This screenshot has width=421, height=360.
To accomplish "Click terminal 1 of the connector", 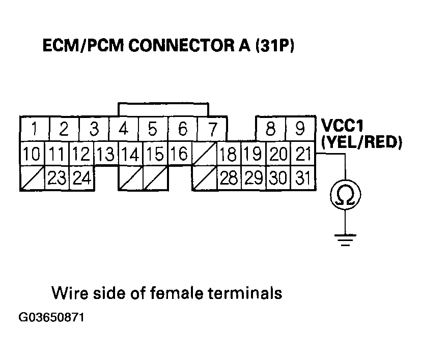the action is [35, 129].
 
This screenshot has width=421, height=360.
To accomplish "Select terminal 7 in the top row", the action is [212, 129].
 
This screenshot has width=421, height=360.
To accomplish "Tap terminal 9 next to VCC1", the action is [300, 129].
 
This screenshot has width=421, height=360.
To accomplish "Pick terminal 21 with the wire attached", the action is [303, 154].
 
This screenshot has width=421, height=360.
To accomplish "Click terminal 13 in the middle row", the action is [106, 154].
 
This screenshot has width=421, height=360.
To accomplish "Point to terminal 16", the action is [180, 154].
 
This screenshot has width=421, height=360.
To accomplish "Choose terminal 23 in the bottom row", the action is [57, 178].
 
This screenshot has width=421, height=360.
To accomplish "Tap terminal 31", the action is [303, 178].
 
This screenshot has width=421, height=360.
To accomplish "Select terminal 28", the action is [229, 178].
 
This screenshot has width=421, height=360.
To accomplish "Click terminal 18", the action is [229, 154].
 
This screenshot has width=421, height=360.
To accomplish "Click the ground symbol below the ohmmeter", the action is [345, 241].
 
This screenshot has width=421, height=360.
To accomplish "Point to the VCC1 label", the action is [342, 125].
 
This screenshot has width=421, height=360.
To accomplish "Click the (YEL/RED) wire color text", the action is [361, 142].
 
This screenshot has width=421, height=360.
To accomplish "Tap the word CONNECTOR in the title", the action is [181, 45].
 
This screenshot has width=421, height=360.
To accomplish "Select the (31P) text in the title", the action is [274, 45].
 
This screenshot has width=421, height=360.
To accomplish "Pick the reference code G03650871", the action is [51, 317].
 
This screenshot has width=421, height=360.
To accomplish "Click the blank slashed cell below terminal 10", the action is [33, 178].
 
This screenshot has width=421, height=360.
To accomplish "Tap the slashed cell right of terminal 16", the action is [205, 154].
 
